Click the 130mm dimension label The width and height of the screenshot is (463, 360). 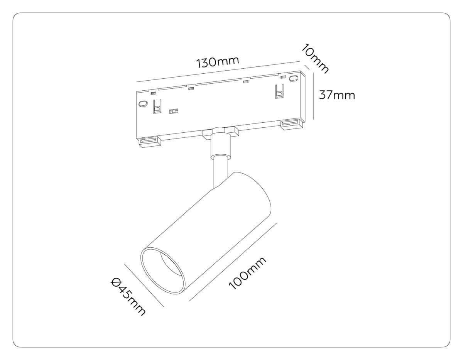(218, 62)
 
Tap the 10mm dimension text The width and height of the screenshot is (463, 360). (316, 59)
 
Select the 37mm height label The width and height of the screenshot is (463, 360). (337, 95)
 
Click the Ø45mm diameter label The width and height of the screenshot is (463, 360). (128, 296)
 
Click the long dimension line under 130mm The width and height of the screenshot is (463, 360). (218, 72)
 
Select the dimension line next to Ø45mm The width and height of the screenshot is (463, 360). (144, 285)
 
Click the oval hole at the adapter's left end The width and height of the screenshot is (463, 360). (143, 104)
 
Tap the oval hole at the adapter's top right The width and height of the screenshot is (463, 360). (294, 79)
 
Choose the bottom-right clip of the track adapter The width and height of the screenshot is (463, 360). (292, 124)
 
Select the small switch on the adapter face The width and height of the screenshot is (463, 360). (174, 112)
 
